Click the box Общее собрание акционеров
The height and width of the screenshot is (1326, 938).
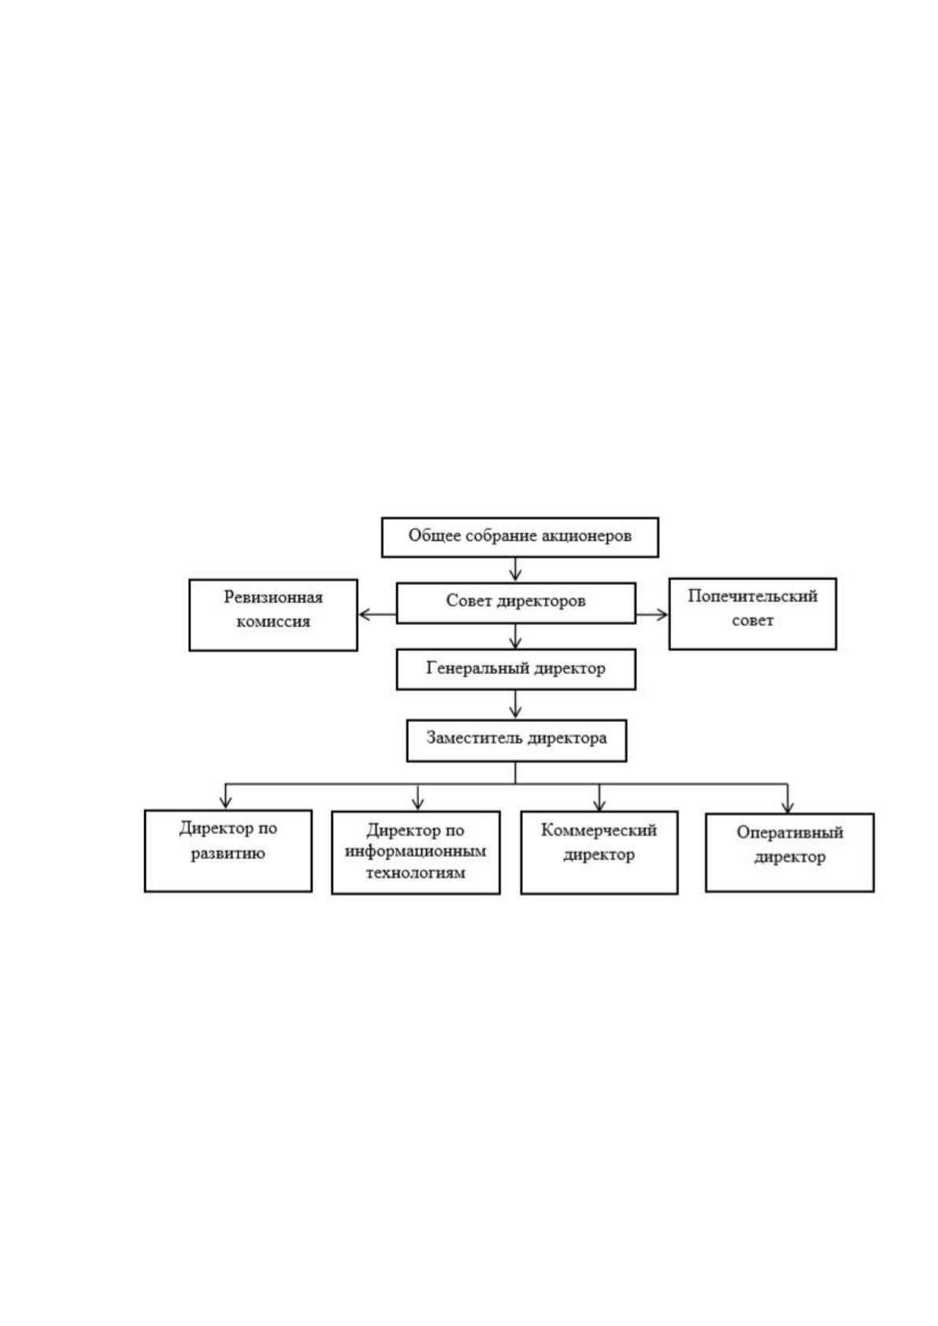coord(519,537)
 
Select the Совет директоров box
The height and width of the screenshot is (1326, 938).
coord(516,602)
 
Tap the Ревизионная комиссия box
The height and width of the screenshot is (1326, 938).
coord(273,614)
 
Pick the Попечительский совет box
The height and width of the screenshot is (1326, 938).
coord(753,613)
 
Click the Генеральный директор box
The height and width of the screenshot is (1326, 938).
coord(516,669)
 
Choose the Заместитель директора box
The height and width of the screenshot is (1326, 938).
coord(517,740)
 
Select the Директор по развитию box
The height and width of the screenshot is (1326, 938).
coord(228,850)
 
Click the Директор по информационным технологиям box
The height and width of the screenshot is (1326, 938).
coord(416,853)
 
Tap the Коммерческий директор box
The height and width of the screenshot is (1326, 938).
coord(599,853)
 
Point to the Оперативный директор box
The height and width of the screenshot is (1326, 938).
coord(789,853)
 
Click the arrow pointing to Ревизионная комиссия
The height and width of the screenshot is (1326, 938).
coord(377,614)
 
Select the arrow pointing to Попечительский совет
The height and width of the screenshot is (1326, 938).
coord(652,614)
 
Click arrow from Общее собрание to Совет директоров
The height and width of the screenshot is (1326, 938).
coord(516,569)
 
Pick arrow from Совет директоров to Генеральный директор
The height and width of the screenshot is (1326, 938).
coord(516,636)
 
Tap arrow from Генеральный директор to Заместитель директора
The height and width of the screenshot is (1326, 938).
coord(516,705)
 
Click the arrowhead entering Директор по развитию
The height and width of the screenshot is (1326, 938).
coord(225,802)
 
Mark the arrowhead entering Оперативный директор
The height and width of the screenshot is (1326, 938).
coord(788,805)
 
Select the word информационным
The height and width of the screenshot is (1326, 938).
coord(416,852)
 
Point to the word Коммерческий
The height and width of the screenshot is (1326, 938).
coord(599,831)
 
